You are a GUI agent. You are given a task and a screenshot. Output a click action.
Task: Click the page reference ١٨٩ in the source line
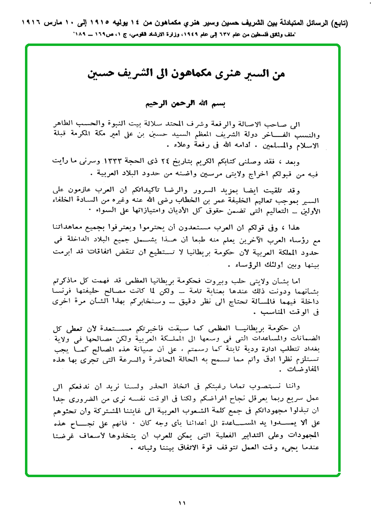[80, 35]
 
